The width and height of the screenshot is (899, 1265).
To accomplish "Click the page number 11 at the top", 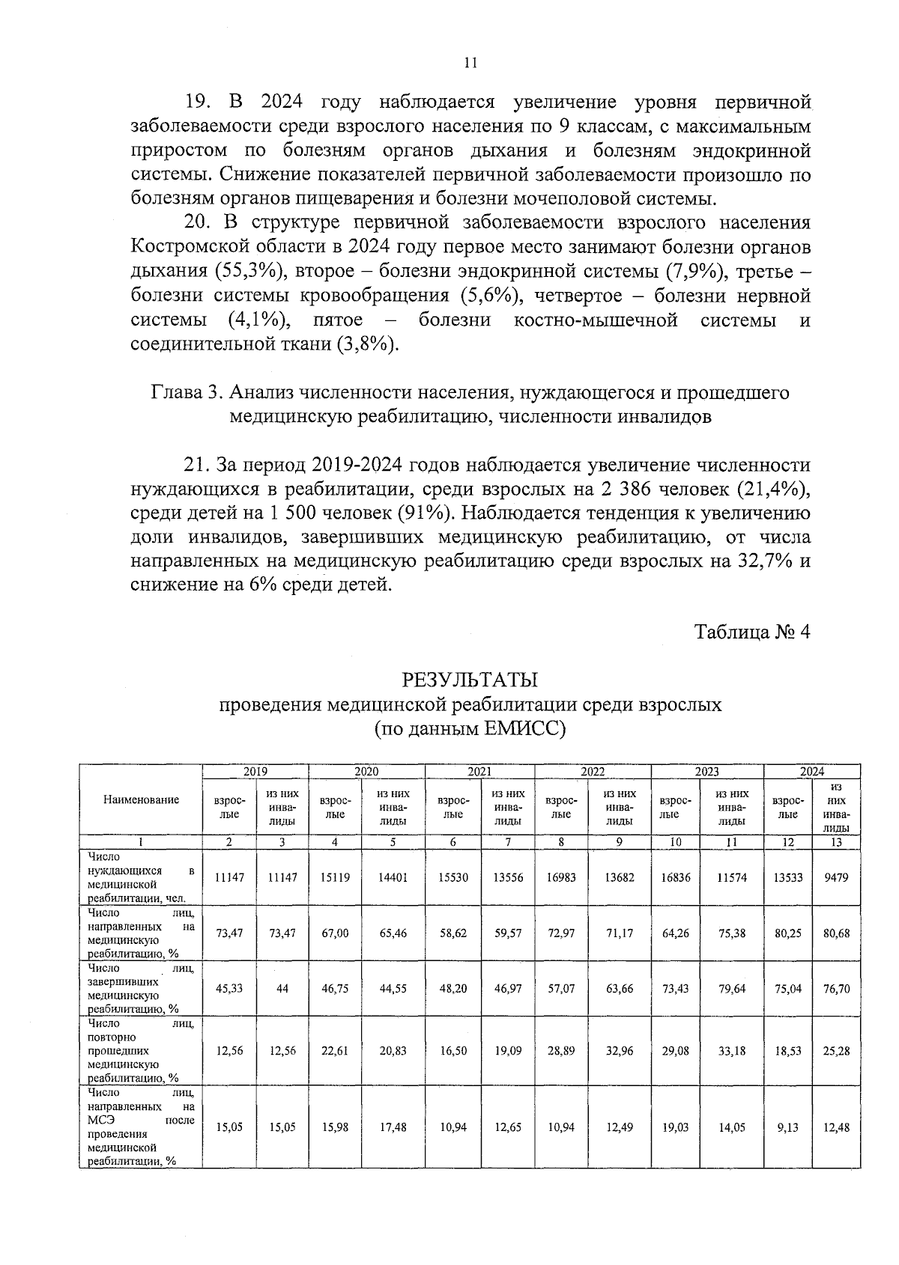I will tap(470, 64).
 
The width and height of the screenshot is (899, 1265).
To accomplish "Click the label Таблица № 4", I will tap(752, 632).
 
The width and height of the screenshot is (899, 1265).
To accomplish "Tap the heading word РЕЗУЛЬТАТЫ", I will tap(470, 680).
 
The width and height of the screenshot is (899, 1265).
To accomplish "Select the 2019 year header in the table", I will tap(255, 771).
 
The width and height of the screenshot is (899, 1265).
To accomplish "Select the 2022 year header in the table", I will tap(593, 771).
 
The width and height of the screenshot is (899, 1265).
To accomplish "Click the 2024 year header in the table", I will tap(811, 771).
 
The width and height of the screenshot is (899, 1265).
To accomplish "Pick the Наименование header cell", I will tap(142, 799).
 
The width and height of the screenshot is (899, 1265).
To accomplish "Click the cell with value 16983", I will tap(561, 877).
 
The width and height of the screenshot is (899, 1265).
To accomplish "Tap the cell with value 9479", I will tap(836, 877).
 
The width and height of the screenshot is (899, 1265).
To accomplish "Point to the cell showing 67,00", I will tap(335, 933).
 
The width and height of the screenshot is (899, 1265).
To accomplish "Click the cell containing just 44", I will tap(282, 989).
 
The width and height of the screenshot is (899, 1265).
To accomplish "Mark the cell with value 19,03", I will tap(676, 1127).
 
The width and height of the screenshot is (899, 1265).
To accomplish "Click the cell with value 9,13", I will tap(787, 1127).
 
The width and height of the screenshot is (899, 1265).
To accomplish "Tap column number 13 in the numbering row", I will tap(836, 842).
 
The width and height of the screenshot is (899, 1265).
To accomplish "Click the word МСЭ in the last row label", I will tap(99, 1121).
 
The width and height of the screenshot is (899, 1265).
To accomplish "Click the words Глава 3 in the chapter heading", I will tap(187, 393).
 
